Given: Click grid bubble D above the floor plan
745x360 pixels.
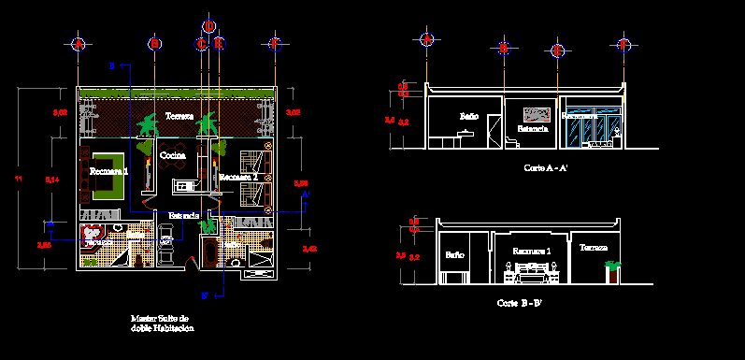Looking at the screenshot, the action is coord(209,26).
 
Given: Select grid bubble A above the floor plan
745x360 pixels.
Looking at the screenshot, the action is coord(79,43).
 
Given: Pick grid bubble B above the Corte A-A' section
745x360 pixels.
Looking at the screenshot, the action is coord(503,47).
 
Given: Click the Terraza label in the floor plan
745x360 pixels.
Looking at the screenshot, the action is coord(179,117).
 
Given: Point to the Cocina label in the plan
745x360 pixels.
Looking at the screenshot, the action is coord(173,154).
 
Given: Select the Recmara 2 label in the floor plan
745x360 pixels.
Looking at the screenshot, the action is coord(238,176).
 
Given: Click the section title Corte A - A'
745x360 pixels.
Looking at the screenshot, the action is coord(547,167).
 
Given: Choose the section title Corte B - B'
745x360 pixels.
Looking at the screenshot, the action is coord(520,304).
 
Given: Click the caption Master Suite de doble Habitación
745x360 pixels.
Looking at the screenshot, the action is coord(163,324).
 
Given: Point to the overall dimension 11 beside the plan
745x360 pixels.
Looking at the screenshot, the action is coord(18,178).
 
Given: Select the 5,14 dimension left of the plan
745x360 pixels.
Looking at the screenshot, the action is coord(52,178).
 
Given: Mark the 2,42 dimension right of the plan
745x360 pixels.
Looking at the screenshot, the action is coord(310,249).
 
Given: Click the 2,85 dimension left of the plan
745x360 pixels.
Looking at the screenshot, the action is coord(44,244).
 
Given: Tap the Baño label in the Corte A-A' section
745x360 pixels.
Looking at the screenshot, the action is coord(468,116).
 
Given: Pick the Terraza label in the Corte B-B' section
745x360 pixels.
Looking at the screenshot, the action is coord(593,248).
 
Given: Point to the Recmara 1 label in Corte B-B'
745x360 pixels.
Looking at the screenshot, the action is coord(530,252).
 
